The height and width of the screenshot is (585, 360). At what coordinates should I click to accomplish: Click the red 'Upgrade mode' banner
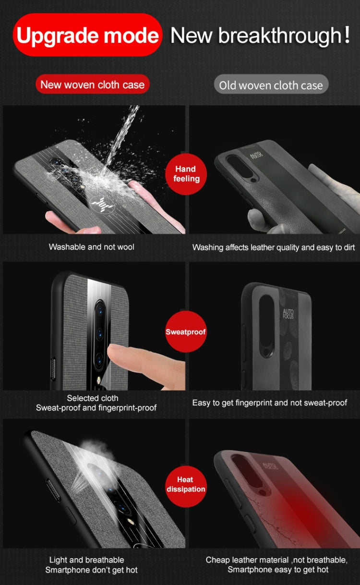87,36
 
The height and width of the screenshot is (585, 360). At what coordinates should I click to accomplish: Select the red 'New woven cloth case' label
92,85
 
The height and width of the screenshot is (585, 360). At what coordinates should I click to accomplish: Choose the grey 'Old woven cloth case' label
271,85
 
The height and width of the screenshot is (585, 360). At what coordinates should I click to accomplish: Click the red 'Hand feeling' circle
186,174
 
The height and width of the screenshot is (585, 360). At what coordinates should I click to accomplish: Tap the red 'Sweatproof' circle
186,331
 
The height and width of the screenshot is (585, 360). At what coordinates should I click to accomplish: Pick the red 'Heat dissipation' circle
186,485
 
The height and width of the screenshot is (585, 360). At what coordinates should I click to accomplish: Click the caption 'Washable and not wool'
91,247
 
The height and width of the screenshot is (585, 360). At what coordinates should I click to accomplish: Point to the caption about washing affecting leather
273,247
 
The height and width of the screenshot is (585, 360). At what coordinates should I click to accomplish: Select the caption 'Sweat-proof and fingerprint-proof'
96,408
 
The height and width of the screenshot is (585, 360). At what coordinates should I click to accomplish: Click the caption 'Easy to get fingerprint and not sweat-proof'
269,402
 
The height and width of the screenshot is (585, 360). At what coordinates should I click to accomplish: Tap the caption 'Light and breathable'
86,560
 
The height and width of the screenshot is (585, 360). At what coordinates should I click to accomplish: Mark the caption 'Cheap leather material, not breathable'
276,560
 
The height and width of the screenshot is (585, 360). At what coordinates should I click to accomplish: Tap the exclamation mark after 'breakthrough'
347,35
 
